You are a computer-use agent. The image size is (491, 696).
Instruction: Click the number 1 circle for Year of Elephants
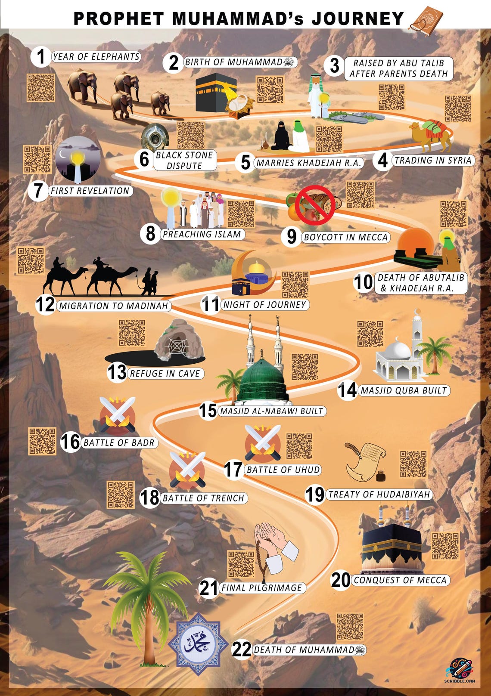(41, 57)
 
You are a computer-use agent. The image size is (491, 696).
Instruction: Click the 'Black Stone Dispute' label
(184, 160)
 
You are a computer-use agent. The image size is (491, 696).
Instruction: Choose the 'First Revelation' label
(90, 191)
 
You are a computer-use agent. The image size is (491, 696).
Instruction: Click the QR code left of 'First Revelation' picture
(37, 159)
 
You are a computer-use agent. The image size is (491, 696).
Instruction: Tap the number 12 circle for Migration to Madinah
(45, 305)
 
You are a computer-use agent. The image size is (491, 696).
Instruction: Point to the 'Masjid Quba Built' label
(404, 390)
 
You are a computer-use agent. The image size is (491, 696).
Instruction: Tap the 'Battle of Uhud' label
(283, 470)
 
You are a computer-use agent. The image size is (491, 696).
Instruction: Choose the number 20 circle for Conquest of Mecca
(341, 580)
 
